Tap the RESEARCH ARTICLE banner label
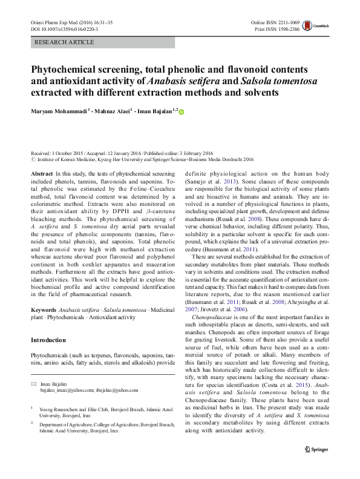(x=65, y=42)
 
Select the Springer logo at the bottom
(x=317, y=466)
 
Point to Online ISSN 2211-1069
(x=277, y=22)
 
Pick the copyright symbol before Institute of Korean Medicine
(x=33, y=160)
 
